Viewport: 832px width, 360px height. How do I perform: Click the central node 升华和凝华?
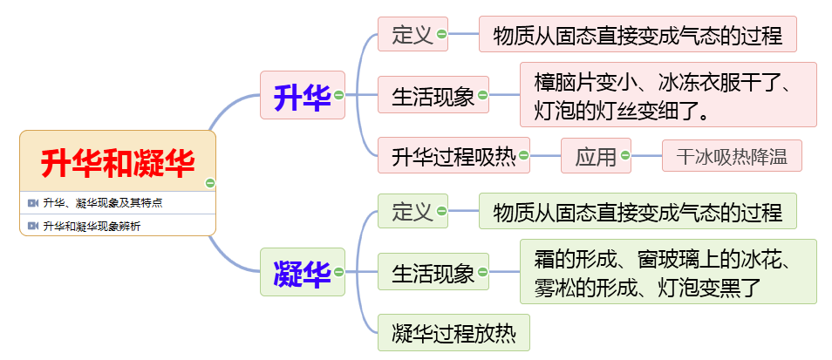tap(117, 161)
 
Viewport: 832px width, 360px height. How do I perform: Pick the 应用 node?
tap(595, 157)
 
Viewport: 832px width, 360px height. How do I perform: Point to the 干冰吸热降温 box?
tap(731, 157)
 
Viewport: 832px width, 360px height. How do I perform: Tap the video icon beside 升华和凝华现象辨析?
tap(33, 226)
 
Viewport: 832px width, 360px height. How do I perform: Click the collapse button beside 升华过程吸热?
tap(524, 157)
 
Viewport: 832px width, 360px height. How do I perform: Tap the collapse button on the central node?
tap(210, 182)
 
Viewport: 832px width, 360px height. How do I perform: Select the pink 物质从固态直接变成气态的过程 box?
tap(638, 34)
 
